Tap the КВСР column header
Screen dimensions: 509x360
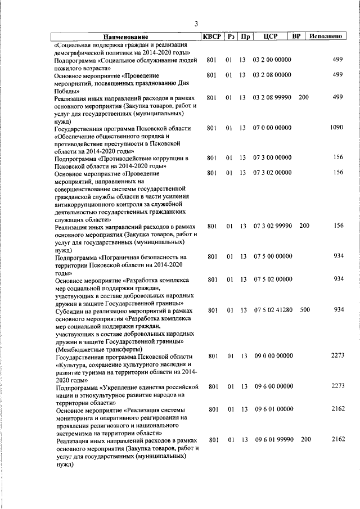[x=211, y=37]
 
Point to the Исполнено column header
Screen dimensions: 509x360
[x=326, y=37]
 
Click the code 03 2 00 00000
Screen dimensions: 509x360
[x=272, y=59]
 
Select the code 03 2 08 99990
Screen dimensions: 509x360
[x=272, y=97]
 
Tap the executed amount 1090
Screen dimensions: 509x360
[x=336, y=128]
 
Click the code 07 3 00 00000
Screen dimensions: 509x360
[x=272, y=157]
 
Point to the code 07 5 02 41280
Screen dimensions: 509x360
[x=272, y=310]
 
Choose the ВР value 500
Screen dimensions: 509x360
[x=304, y=310]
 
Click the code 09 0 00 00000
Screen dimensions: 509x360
[x=272, y=355]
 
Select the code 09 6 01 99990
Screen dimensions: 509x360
[x=272, y=439]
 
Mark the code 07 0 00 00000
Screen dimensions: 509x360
[x=272, y=128]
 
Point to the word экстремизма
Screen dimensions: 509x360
[x=75, y=434]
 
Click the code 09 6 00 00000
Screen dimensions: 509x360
[x=272, y=386]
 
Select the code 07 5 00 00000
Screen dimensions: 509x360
[x=272, y=256]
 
